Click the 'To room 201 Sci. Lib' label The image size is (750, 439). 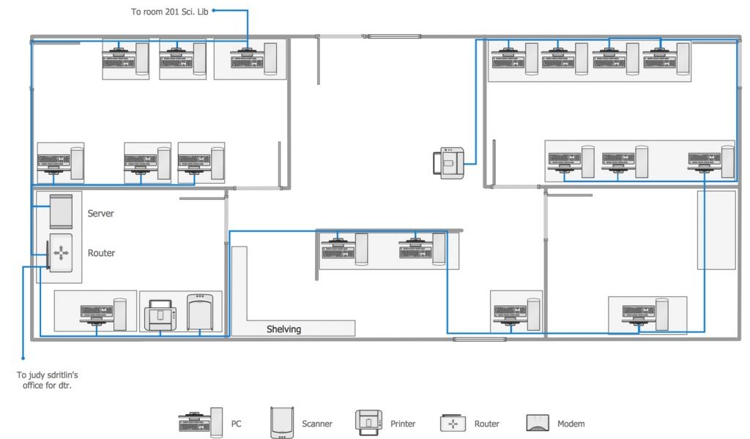pos(170,12)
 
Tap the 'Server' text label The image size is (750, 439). pos(100,213)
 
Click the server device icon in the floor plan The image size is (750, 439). pos(62,211)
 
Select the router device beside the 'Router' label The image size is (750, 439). pos(61,252)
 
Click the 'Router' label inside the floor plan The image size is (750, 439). pos(101,252)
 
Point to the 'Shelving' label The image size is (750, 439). pos(283,329)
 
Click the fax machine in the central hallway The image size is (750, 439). pos(449,163)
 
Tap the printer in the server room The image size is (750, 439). pos(160,315)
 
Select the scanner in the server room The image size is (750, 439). pos(200,312)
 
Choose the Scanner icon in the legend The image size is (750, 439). pos(282,422)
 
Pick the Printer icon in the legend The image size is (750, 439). pos(369,422)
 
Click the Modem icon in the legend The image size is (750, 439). pos(538,423)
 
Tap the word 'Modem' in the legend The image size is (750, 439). pos(571,423)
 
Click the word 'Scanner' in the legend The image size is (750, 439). pos(316,423)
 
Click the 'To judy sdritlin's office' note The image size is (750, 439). pos(47,380)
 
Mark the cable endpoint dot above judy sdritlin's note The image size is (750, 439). pos(23,358)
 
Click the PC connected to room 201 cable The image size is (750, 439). pos(253,59)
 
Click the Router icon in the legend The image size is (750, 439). pos(453,423)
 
